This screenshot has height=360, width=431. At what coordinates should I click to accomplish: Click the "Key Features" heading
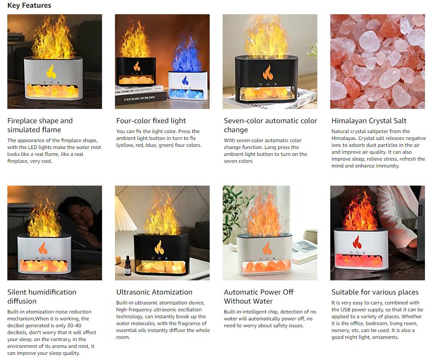pos(29,6)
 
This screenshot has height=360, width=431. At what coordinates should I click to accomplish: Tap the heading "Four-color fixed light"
pos(151,121)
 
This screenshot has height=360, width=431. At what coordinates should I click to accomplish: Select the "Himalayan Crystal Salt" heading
pos(369,121)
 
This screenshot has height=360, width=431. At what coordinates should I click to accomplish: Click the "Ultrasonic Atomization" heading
pos(154,292)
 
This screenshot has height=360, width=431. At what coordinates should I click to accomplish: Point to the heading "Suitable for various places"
pos(375,292)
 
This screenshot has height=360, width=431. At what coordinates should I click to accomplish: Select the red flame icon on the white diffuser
pos(357,242)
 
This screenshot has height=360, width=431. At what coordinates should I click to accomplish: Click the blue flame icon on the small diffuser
pos(185,81)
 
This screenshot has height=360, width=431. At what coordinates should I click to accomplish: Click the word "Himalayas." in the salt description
pos(342,138)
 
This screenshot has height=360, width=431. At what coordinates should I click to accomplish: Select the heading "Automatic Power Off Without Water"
pos(259,297)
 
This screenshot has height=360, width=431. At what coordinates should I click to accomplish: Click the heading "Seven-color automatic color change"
pos(270,125)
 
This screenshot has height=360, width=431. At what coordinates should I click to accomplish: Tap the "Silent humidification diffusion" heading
pos(42,297)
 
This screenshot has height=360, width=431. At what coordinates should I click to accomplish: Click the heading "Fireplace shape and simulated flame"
pos(40,125)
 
